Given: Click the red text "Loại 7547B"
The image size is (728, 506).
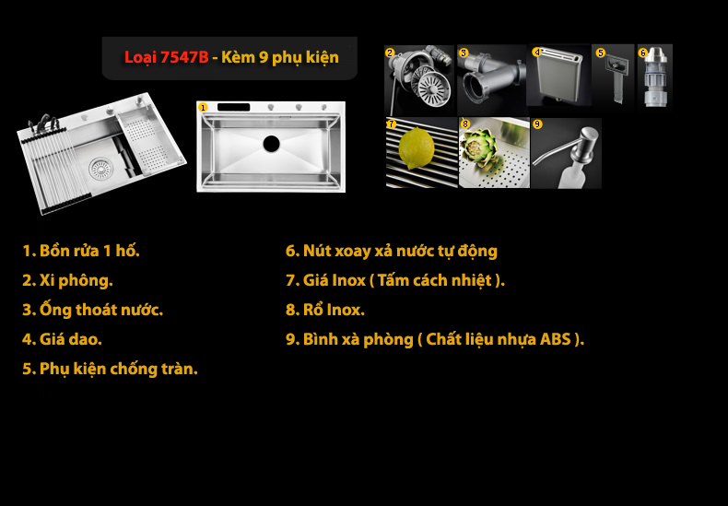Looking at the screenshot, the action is (166, 57).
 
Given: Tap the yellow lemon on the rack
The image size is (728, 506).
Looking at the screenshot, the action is (417, 149).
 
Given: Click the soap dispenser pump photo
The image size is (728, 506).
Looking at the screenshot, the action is (566, 153).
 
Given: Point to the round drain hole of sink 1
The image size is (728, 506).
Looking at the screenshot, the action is (272, 144).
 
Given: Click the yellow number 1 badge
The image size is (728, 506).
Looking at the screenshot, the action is (203, 108).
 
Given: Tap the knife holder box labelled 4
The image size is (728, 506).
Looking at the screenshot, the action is (558, 76).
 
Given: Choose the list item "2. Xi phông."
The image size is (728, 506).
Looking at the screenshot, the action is (68, 280).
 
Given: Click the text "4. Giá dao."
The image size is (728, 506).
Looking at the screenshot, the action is (63, 339).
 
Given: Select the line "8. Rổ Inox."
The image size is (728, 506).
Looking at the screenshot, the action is (325, 310).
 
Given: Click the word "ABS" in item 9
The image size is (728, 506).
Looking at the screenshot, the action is (556, 339).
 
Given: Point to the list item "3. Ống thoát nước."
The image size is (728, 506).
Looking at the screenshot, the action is (93, 310).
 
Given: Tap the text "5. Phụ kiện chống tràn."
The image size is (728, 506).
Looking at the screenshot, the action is (110, 369).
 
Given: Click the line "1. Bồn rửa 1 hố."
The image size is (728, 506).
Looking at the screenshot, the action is (81, 251).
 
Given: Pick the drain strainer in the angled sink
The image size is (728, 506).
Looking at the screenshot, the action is (100, 168).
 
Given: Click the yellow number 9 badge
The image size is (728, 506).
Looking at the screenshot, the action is (537, 124).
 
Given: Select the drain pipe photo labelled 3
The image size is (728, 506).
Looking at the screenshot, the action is (492, 79).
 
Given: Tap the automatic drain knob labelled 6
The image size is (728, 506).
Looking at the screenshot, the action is (654, 76).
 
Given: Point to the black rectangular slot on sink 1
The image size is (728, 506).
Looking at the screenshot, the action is (234, 107).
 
